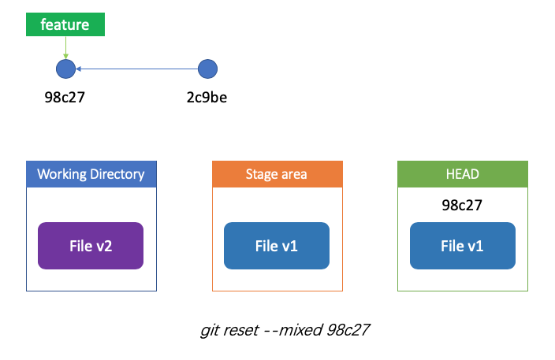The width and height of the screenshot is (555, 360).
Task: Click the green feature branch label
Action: [x=65, y=24]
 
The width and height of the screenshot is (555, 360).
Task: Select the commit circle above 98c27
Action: [x=66, y=69]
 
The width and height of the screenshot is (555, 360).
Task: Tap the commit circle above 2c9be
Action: [x=207, y=69]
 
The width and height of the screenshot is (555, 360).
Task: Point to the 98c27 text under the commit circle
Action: [x=65, y=97]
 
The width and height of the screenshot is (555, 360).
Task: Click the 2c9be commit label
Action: [x=207, y=97]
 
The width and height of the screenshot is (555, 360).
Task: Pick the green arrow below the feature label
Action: [x=65, y=47]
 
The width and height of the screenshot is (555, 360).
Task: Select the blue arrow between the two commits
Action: [x=136, y=69]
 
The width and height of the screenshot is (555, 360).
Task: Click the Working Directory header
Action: [x=91, y=174]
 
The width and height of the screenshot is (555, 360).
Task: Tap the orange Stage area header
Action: [x=277, y=174]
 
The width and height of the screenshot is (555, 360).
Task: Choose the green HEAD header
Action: [x=463, y=174]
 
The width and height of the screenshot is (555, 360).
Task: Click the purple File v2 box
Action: [x=91, y=246]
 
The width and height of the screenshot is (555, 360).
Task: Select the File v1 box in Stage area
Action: [x=277, y=246]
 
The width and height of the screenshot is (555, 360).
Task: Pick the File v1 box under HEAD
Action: [x=463, y=246]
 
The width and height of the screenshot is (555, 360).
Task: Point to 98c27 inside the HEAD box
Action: [x=462, y=205]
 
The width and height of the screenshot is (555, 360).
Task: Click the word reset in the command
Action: [x=241, y=330]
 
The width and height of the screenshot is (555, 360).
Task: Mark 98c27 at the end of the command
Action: [x=348, y=330]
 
